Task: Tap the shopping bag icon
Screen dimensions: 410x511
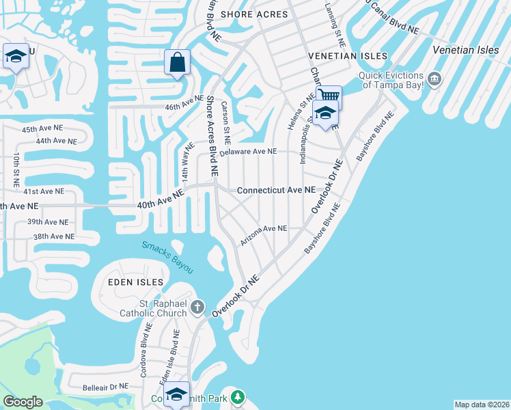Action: [x=177, y=63]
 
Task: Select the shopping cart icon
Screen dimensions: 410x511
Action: [x=329, y=96]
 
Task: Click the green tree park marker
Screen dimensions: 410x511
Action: [x=237, y=396]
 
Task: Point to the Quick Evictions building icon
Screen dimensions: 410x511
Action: [x=434, y=79]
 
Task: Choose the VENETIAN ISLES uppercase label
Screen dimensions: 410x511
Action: [x=348, y=56]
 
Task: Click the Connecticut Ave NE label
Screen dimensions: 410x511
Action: [x=276, y=190]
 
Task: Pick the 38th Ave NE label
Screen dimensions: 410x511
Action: [x=54, y=236]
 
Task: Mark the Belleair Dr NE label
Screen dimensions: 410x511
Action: [x=105, y=386]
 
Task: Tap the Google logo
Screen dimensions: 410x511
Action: [x=23, y=402]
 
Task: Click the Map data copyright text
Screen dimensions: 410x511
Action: [x=481, y=405]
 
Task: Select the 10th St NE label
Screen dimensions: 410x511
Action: [x=14, y=171]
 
